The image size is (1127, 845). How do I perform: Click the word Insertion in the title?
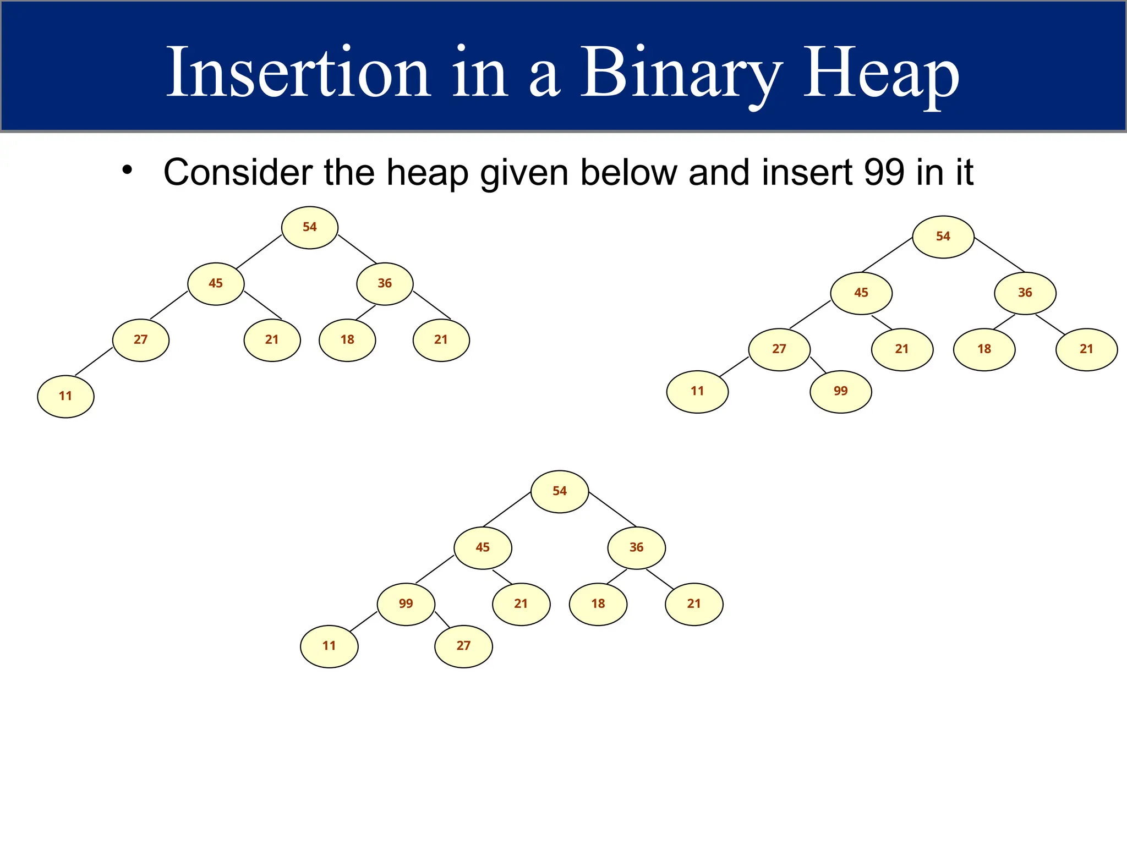[x=298, y=73]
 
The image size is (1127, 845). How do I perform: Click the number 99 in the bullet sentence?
[x=884, y=172]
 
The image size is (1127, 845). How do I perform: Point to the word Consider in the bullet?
[x=238, y=172]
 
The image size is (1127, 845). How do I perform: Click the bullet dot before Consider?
[x=127, y=169]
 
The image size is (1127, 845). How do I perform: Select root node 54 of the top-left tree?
[x=309, y=227]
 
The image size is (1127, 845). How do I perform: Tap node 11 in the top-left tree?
[x=65, y=396]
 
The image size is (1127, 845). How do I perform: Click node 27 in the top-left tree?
[x=141, y=339]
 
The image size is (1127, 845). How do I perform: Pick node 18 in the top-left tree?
[x=347, y=339]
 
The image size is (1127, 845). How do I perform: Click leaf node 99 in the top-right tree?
[x=840, y=391]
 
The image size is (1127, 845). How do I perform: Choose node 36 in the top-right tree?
[x=1025, y=293]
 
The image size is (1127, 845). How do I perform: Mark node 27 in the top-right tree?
[x=779, y=349]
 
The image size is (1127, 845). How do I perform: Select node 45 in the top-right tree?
[x=861, y=293]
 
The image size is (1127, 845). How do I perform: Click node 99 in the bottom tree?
[x=406, y=603]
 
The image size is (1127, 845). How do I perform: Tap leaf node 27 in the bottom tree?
[x=463, y=646]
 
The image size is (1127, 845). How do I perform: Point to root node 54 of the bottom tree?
[x=559, y=491]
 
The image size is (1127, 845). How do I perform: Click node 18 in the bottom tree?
[x=598, y=603]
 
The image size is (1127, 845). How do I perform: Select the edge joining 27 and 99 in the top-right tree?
[x=818, y=365]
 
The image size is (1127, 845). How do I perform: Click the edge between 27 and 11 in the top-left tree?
[x=94, y=361]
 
